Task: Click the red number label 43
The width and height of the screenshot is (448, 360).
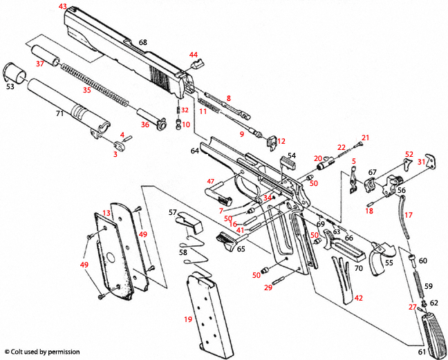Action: pos(63,6)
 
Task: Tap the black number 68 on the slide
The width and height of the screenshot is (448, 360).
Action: pos(143,42)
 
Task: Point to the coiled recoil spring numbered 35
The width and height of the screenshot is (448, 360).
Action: pos(93,82)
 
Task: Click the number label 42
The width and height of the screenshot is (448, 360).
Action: pos(358,298)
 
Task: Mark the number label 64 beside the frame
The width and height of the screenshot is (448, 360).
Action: pos(195,150)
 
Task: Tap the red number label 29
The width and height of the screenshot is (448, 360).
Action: pos(268,287)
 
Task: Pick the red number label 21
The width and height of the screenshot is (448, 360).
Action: pos(366,138)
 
